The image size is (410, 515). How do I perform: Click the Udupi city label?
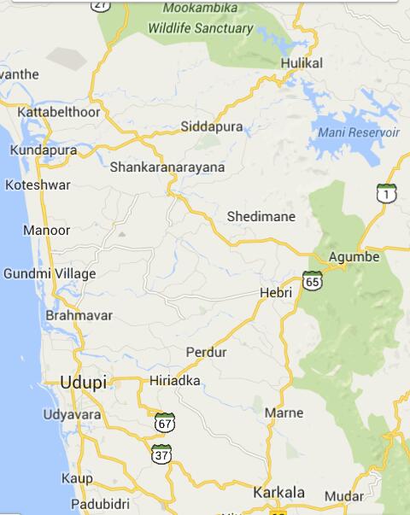(84, 383)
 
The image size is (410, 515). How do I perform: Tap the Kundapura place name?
(43, 150)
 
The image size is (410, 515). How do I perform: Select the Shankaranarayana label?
(167, 167)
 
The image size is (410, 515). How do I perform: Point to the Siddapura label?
(212, 127)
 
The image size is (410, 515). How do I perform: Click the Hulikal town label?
(302, 64)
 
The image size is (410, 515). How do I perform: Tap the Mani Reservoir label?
(359, 132)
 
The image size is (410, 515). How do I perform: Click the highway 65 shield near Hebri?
(312, 280)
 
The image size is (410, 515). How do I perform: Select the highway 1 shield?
(388, 193)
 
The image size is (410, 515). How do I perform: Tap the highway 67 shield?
(166, 422)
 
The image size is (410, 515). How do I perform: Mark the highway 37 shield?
(162, 454)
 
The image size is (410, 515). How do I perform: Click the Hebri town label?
(275, 293)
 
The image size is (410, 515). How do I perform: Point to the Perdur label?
(207, 352)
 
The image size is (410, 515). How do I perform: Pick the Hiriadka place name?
(174, 381)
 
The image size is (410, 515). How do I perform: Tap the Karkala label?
(278, 493)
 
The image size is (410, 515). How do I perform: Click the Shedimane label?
(261, 217)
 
